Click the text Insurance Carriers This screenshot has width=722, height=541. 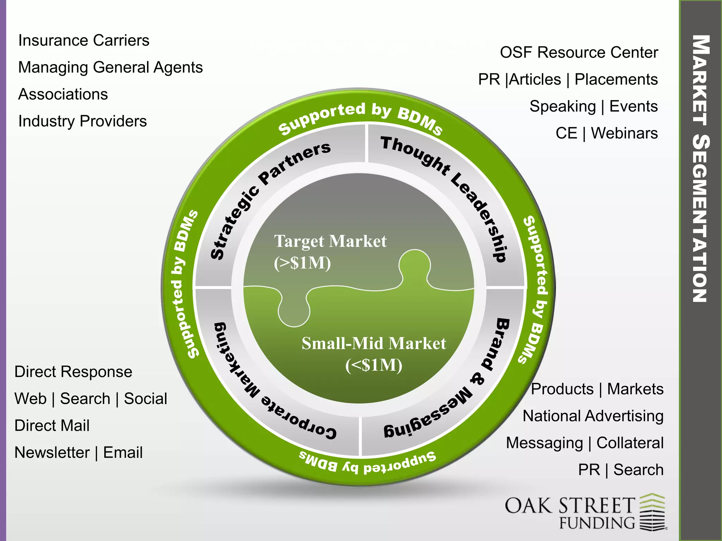(84, 41)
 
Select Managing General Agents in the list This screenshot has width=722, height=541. (110, 67)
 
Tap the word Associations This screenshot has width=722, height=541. (63, 94)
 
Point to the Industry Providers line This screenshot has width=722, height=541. (82, 121)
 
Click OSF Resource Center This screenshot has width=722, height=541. (579, 52)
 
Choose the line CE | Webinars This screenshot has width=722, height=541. (606, 133)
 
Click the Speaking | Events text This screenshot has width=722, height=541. (593, 106)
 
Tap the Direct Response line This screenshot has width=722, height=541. (73, 372)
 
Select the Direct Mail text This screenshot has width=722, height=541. (52, 425)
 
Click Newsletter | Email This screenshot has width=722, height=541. (79, 453)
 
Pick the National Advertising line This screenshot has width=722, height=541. (593, 416)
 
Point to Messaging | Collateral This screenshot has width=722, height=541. (585, 443)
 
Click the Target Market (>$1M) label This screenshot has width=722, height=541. (330, 252)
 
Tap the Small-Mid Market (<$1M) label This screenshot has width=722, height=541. (374, 354)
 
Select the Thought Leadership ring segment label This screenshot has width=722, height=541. (451, 190)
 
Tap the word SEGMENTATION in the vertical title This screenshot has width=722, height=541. (700, 218)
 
